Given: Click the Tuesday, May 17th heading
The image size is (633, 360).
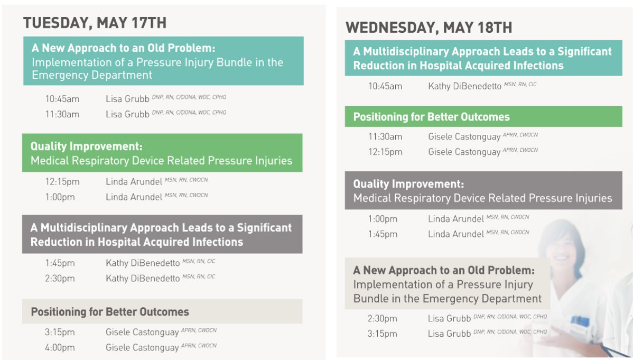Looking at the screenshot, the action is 95,23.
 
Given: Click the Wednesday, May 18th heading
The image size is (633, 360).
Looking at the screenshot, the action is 429,27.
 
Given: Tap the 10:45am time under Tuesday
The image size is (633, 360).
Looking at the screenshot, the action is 62,99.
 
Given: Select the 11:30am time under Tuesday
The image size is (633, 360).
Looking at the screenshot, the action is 62,114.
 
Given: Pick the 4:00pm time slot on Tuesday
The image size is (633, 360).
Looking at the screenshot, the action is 60,347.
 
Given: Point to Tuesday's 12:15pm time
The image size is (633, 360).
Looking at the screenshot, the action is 62,182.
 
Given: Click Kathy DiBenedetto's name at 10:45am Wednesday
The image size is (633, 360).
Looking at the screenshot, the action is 464,86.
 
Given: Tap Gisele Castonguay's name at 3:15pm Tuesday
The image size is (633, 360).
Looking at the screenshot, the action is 142,333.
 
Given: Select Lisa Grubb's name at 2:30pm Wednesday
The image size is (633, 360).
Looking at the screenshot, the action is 449,318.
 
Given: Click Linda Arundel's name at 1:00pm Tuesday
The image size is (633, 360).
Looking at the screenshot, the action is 134,197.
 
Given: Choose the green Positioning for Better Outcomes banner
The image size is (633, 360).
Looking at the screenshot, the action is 483,117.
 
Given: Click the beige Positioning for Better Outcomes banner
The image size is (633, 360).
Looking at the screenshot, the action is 162,311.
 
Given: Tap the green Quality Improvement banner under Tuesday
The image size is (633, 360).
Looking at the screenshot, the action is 162,153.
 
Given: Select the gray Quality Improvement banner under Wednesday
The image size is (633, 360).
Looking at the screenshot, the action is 483,191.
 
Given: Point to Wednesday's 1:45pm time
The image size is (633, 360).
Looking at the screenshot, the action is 383,234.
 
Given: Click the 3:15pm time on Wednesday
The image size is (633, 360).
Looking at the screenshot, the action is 383,334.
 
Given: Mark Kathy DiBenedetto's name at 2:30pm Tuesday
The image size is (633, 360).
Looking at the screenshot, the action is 143,279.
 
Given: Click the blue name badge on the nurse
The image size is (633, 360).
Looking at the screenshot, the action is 580,322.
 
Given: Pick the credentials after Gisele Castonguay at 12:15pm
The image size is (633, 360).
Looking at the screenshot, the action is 520,150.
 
